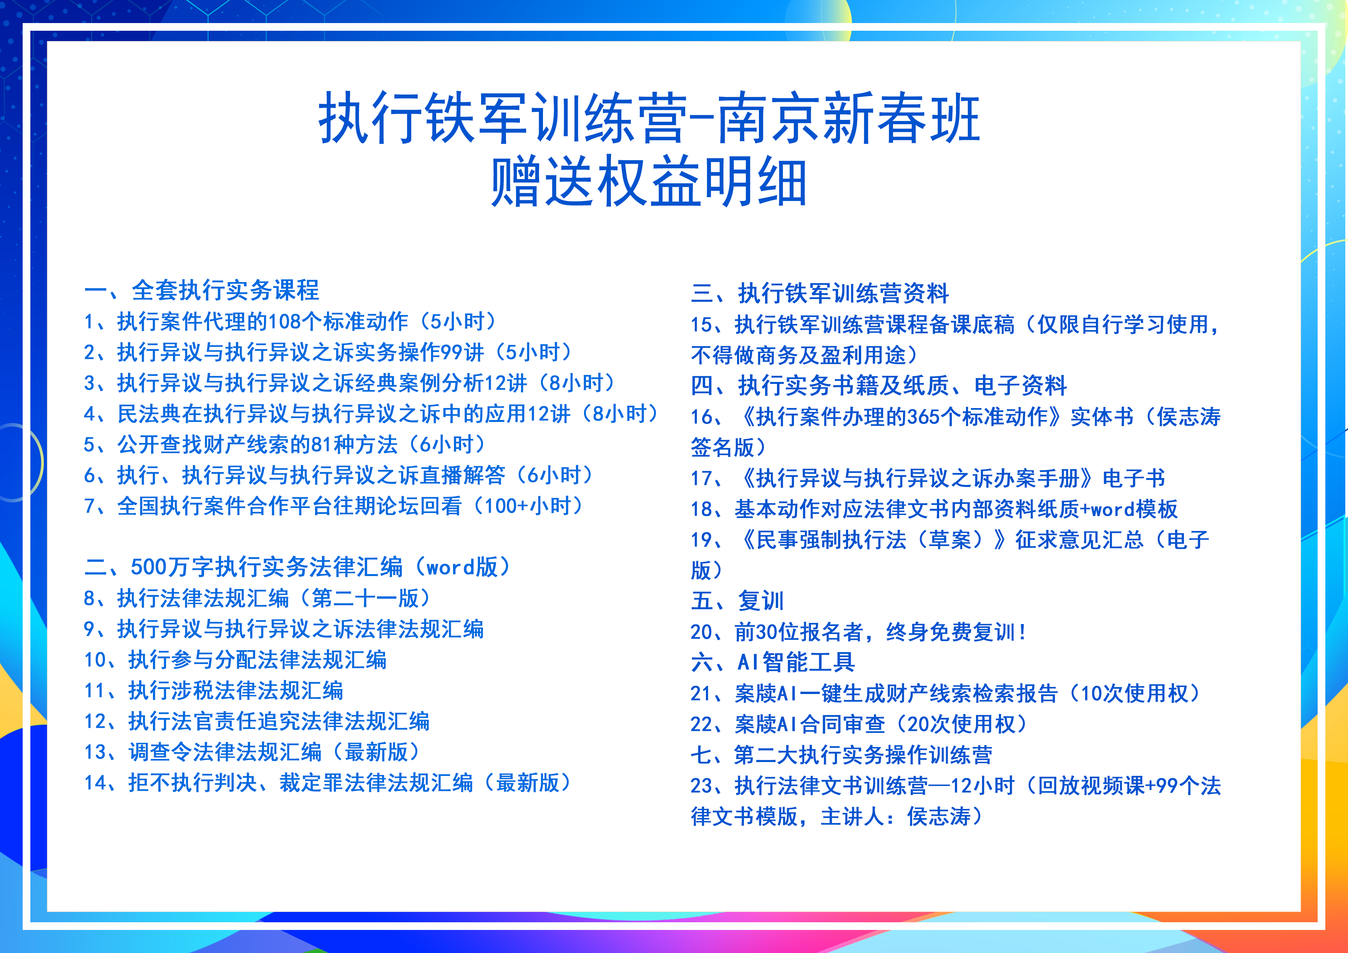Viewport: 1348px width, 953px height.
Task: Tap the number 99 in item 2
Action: coord(451,352)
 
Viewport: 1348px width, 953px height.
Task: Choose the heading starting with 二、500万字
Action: coord(298,567)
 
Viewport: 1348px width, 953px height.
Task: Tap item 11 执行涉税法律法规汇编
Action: coord(214,691)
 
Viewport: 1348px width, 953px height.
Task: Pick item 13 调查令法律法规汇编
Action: coord(252,752)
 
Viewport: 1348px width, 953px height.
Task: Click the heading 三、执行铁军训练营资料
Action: coord(820,293)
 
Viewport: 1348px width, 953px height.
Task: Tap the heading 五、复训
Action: coord(737,601)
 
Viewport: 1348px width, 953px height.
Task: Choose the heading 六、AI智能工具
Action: coord(773,662)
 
